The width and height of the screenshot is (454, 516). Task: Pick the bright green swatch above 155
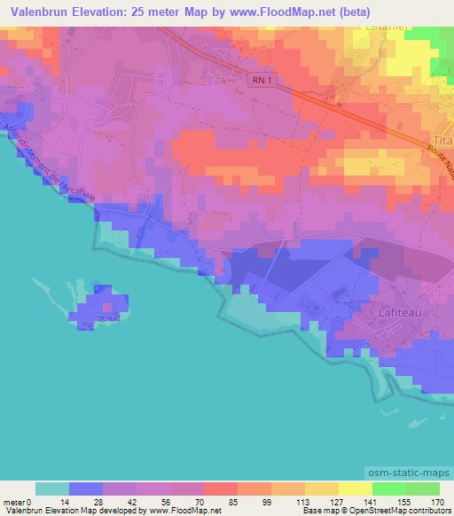coord(388,489)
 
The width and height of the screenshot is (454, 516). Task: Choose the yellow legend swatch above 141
coord(355,489)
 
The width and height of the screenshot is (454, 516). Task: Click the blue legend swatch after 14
coord(86,489)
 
